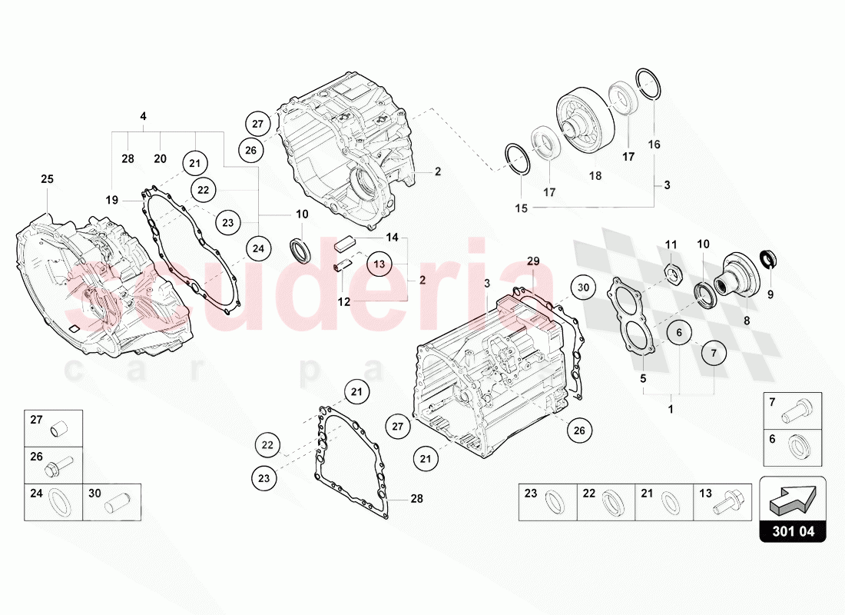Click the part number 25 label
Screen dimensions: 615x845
[47, 179]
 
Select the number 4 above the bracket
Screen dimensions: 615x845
[143, 116]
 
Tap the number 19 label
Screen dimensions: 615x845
[112, 200]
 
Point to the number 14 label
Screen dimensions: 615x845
[393, 238]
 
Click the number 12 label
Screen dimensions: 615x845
[343, 302]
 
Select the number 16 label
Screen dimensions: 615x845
[654, 145]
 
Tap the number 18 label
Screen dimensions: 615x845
[595, 176]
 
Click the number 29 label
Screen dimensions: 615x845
[532, 262]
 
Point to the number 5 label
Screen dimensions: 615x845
[643, 378]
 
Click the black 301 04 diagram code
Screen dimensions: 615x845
[792, 530]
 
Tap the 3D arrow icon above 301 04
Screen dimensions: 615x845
[792, 498]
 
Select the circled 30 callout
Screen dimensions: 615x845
[583, 288]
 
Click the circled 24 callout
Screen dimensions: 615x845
[259, 248]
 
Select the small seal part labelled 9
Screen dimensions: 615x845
[768, 258]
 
